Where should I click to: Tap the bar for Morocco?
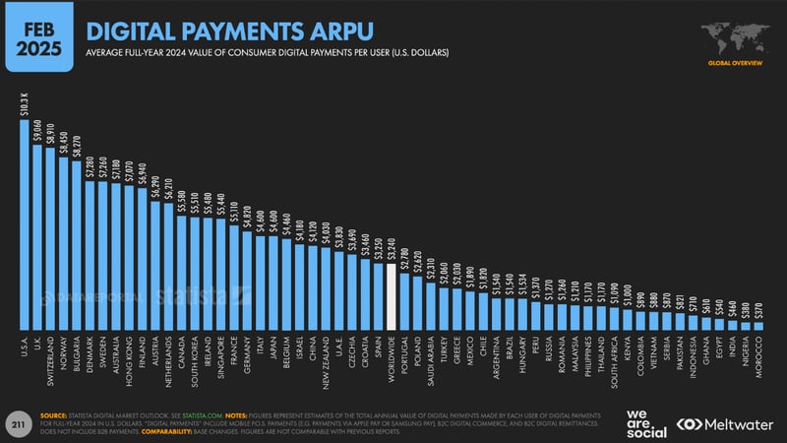(757, 326)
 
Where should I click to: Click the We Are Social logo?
(645, 421)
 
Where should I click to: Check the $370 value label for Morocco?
(757, 309)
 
